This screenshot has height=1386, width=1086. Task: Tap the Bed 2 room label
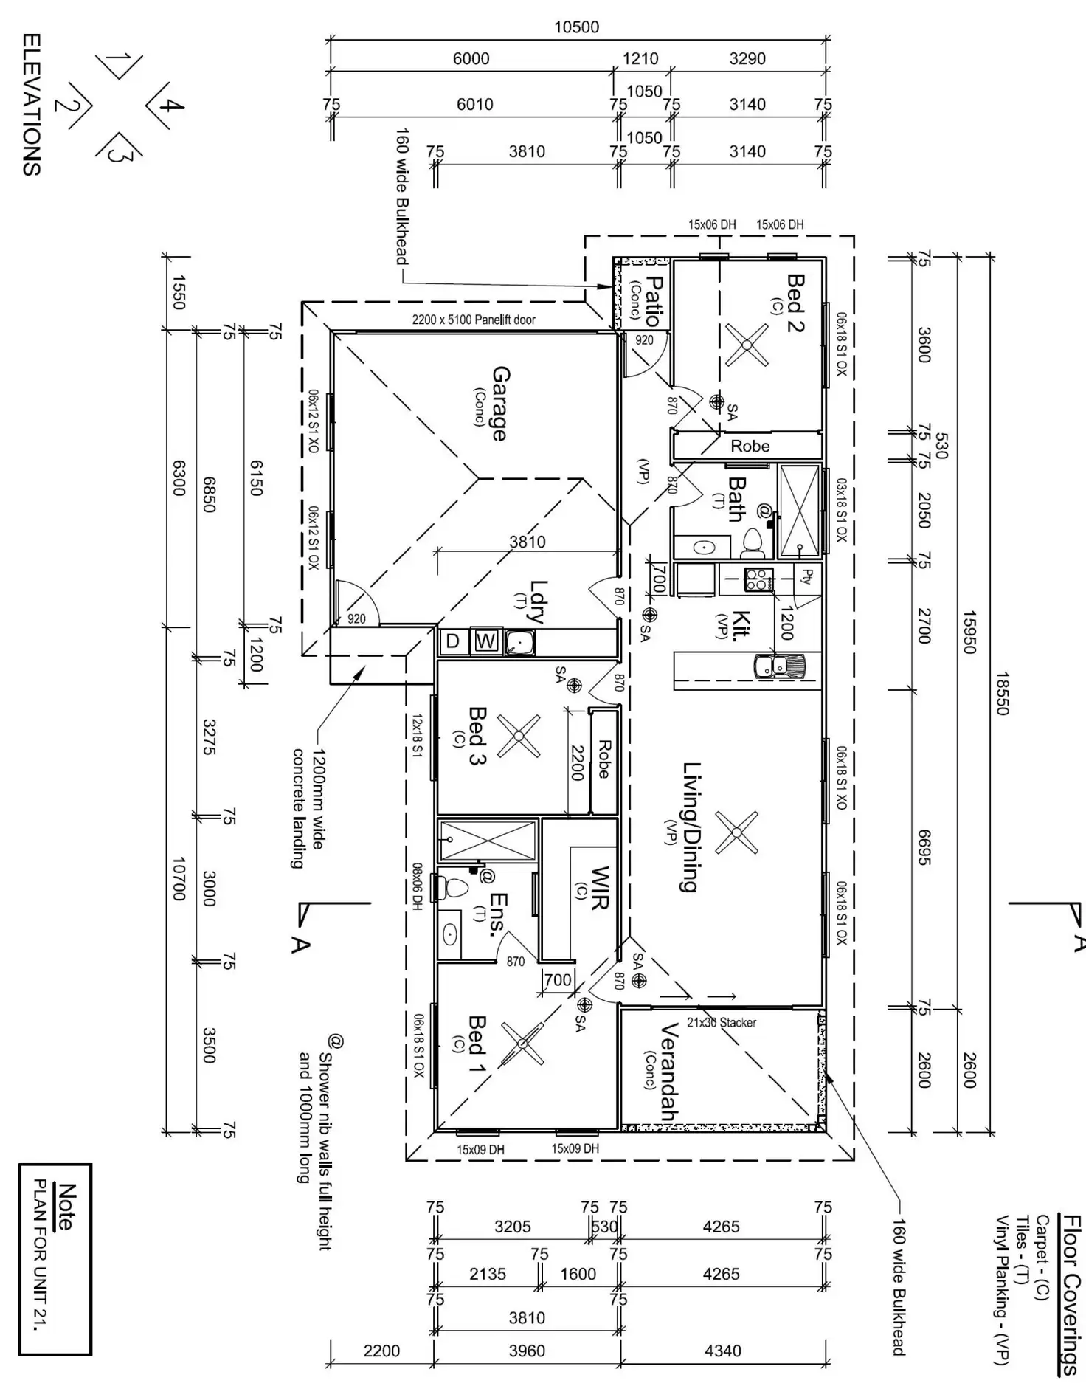[795, 303]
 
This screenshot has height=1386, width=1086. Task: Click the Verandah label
[668, 1072]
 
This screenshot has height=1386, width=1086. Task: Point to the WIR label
[599, 888]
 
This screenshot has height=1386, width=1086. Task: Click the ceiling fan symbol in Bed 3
[518, 736]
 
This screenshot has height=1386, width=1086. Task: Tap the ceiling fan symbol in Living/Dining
[736, 832]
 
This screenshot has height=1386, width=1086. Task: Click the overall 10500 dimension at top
[576, 27]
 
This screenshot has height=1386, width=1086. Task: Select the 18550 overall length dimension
[1002, 693]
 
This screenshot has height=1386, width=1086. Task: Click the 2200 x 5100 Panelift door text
[474, 320]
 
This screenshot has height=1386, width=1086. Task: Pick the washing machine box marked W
[485, 641]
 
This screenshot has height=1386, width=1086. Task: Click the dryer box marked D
[453, 641]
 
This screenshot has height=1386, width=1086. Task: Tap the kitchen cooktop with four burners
[758, 579]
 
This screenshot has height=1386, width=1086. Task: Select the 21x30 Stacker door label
[721, 1022]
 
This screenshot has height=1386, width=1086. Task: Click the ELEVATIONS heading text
[32, 103]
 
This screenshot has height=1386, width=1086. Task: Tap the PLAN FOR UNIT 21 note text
[41, 1254]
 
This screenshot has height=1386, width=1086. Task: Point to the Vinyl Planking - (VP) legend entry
[1001, 1289]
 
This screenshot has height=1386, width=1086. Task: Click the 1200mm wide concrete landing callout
[308, 809]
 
